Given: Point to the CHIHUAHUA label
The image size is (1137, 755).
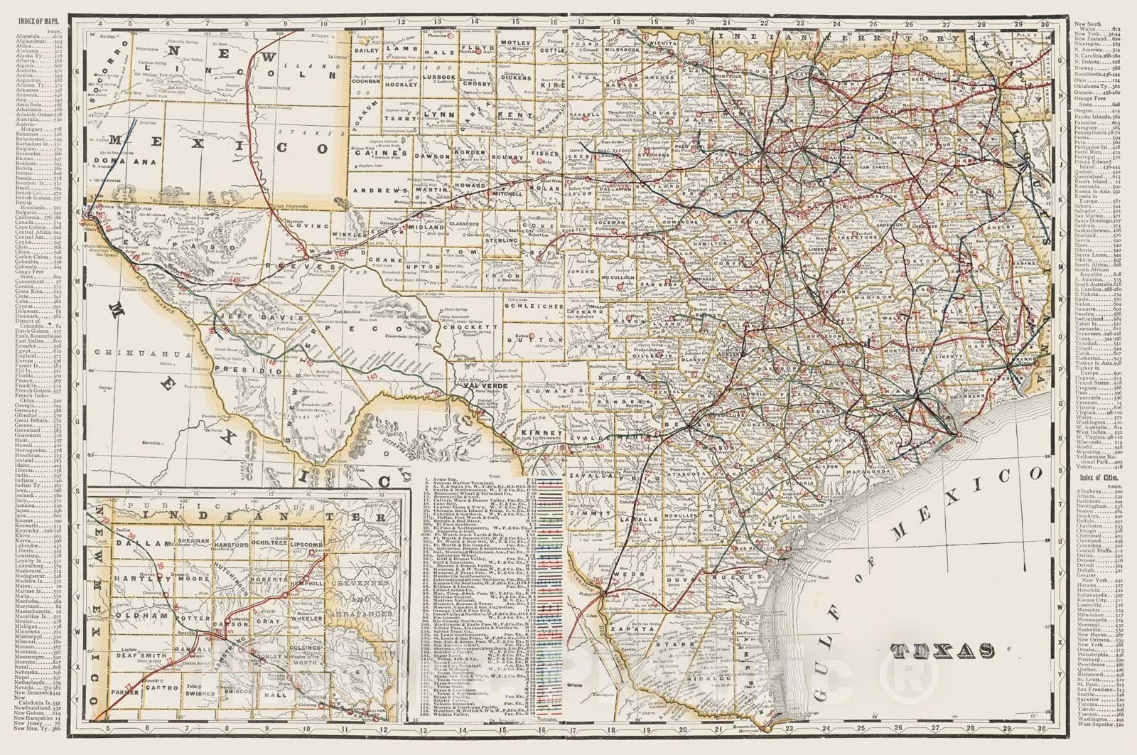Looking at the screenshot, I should point(135,353).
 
